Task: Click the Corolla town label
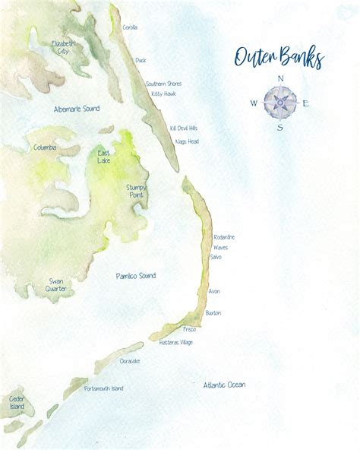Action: pos(130,27)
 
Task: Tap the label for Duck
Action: pos(141,60)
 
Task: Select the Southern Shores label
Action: pos(163,84)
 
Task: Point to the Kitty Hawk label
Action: pos(163,93)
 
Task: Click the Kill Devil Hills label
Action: pos(183,128)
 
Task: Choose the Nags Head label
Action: pos(187,141)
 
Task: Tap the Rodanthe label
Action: pos(224,237)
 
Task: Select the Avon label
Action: pos(214,291)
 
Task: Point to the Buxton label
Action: pos(213,312)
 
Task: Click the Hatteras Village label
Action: pos(176,342)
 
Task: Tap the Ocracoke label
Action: pos(129,360)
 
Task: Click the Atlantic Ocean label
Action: pos(224,385)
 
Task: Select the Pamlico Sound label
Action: pos(136,275)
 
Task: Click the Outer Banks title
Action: pos(279,58)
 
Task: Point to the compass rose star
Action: pos(281,103)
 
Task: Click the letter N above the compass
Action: pos(281,78)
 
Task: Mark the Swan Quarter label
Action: pos(56,285)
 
